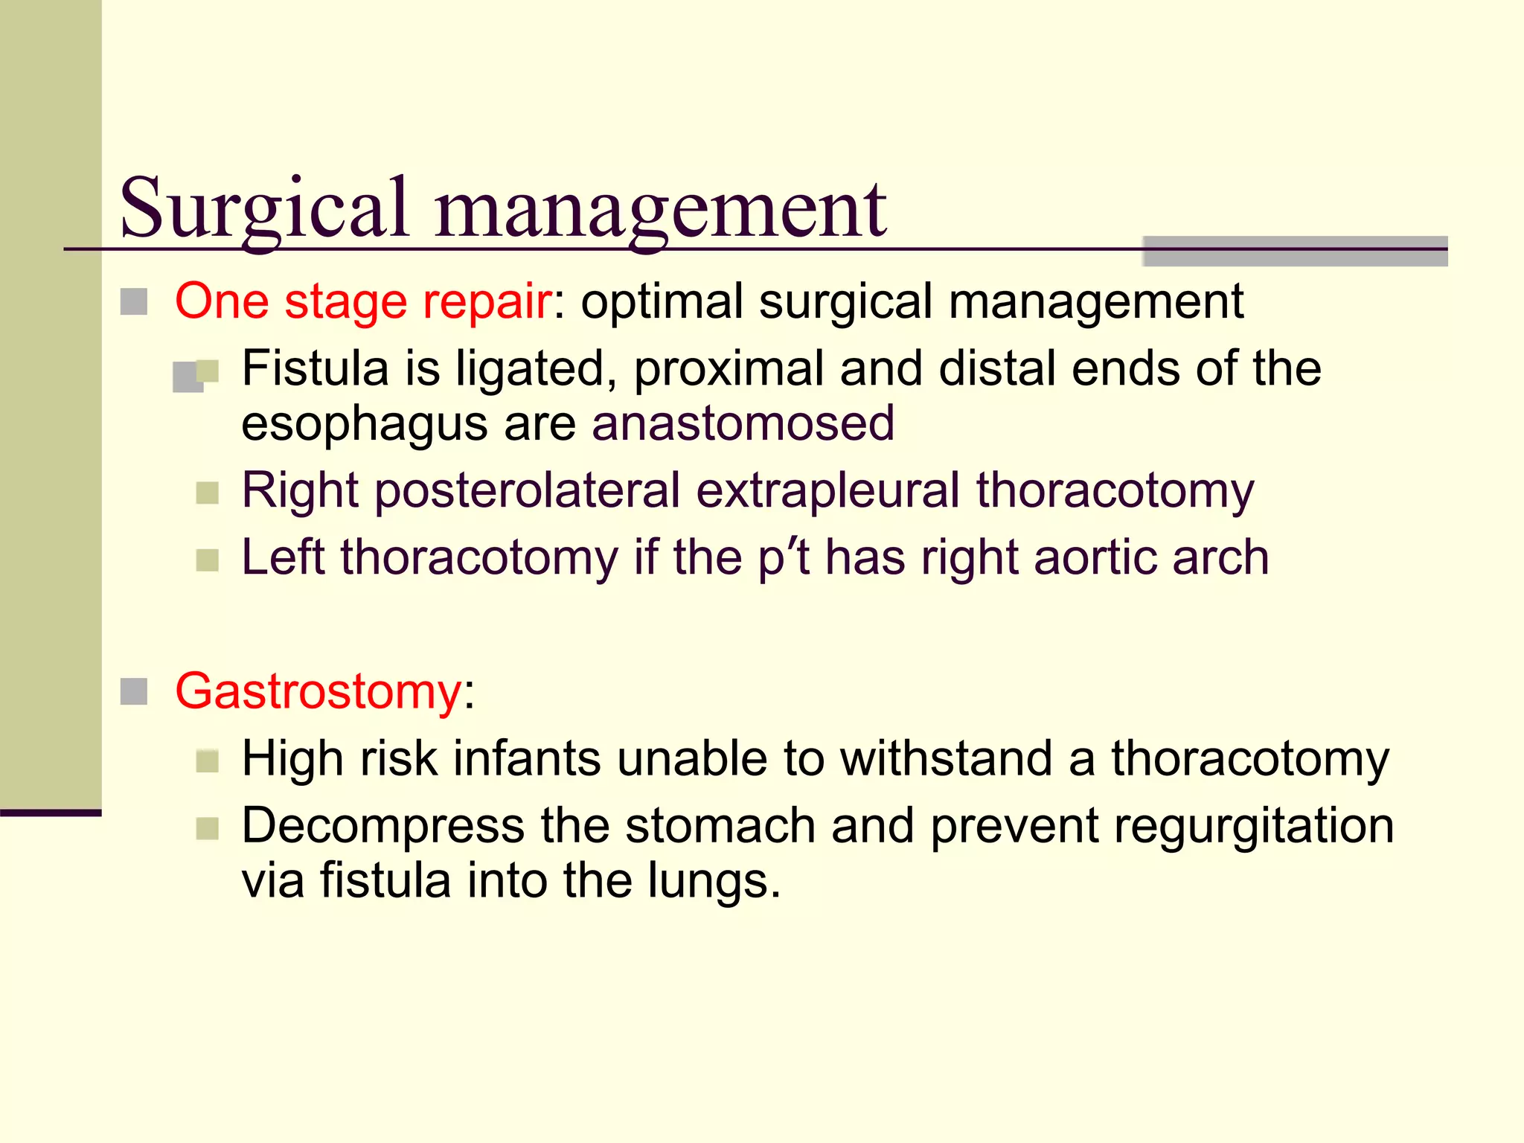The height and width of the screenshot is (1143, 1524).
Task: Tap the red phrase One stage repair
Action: [363, 301]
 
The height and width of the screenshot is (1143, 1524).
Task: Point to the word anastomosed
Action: [743, 423]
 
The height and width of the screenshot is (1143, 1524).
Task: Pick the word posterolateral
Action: [528, 491]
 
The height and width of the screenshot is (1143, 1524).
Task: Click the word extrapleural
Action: [827, 491]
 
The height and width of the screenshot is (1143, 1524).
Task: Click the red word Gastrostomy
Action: [318, 692]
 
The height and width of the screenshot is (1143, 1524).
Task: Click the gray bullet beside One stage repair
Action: [134, 302]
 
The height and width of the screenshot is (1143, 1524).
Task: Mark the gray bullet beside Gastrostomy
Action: [134, 692]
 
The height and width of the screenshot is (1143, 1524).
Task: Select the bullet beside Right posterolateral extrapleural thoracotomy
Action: [208, 493]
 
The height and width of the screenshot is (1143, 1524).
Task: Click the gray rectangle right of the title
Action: [1295, 252]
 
